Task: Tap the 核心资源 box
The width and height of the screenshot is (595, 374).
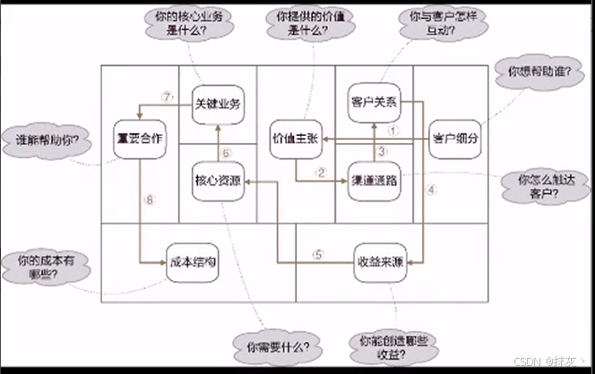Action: pyautogui.click(x=218, y=181)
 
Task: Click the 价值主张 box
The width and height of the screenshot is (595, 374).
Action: pyautogui.click(x=296, y=140)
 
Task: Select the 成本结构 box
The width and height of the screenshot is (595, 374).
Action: pyautogui.click(x=192, y=263)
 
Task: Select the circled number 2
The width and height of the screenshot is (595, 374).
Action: pyautogui.click(x=319, y=172)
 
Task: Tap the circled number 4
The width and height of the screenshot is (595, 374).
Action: pyautogui.click(x=430, y=189)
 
